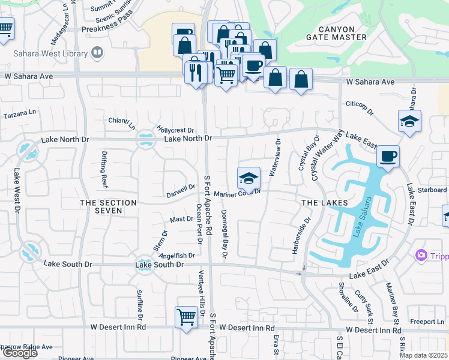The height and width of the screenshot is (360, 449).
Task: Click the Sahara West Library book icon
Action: [96, 53]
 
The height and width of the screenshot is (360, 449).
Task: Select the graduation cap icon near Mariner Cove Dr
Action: [249, 178]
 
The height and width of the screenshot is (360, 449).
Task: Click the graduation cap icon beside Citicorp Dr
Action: [409, 121]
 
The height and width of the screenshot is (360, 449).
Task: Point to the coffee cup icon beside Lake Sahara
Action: [388, 157]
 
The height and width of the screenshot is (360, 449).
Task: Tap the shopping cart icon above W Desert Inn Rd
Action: [186, 316]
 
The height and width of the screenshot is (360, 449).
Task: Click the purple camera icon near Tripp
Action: [421, 256]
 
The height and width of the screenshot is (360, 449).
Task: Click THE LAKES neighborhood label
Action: [324, 203]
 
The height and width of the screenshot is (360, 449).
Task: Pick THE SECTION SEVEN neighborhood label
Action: [109, 208]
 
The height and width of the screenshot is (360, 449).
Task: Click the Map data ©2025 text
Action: [423, 355]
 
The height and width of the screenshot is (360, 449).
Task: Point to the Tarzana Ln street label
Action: [20, 113]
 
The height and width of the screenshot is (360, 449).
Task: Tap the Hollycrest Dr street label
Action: [175, 130]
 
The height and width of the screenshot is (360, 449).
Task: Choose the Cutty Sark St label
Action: [364, 304]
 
